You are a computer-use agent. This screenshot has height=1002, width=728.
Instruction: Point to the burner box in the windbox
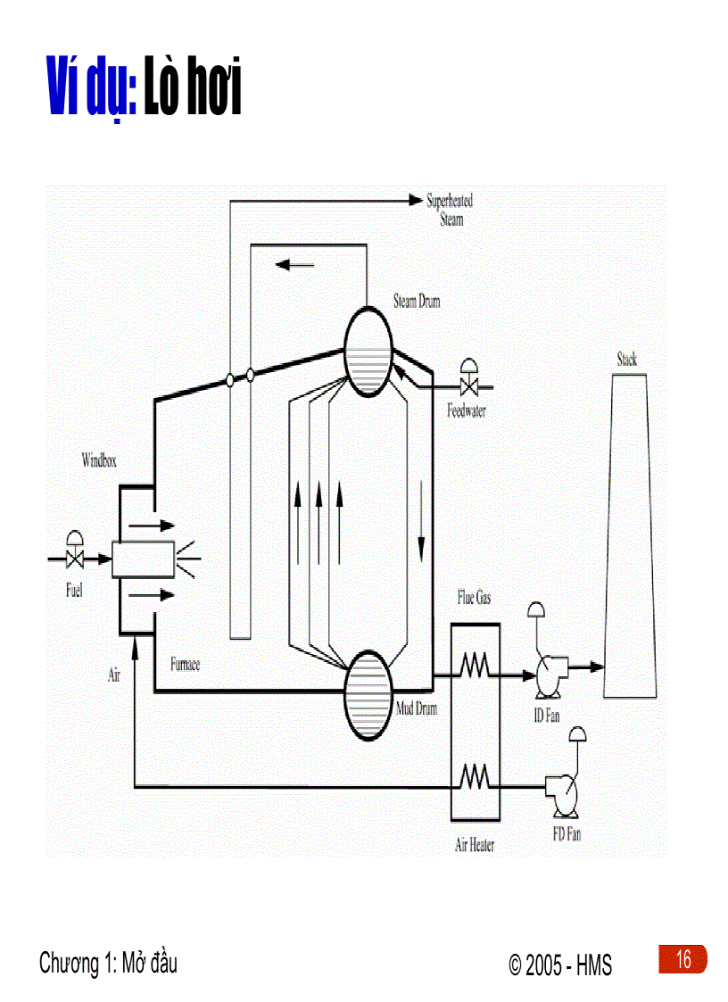pos(143,559)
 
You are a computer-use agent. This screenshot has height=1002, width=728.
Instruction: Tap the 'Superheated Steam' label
pos(450,210)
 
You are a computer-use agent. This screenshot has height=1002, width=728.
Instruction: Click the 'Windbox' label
pos(99,461)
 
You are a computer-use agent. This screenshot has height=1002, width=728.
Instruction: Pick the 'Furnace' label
pos(185,665)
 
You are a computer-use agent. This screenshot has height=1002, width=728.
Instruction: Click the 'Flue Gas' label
pos(474,599)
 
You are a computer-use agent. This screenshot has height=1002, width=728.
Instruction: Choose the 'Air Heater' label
pos(475,845)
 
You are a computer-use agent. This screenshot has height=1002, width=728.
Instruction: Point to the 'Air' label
pos(114,675)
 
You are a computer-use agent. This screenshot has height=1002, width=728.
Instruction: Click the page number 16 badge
pos(682,960)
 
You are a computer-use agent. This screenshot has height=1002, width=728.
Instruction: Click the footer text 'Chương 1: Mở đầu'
pos(108,964)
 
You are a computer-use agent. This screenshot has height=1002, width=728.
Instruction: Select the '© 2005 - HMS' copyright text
pos(560,965)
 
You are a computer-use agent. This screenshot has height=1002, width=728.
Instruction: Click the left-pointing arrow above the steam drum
pos(295,264)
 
